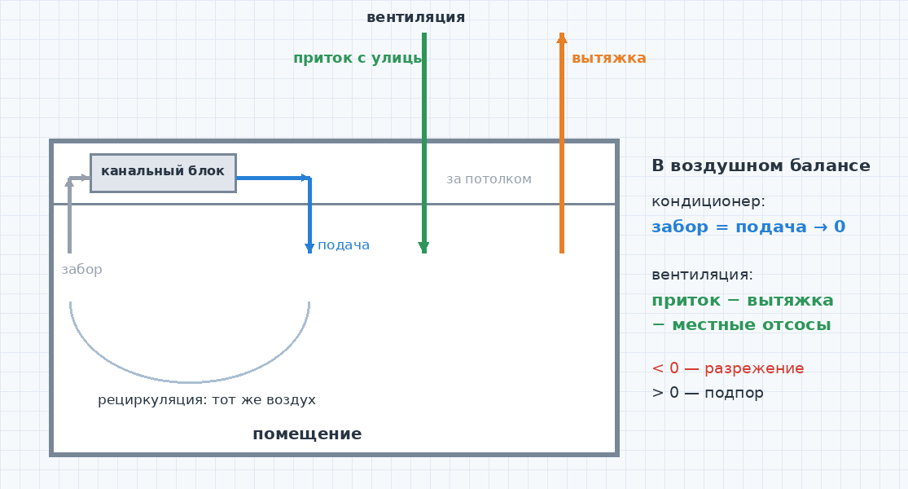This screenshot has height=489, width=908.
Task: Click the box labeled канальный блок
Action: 164,173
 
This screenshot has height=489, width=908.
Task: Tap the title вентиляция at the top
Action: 416,17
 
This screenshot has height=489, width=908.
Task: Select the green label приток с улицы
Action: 357,58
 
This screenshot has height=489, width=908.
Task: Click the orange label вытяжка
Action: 608,58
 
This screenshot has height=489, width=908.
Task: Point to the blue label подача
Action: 344,245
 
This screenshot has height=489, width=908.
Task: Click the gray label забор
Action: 81,270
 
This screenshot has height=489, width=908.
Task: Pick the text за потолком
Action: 489,179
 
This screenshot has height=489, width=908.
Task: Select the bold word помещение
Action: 307,434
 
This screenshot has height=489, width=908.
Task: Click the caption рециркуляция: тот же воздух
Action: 207,400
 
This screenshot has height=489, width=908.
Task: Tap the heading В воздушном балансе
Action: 761,165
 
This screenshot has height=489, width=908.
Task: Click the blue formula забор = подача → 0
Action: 748,227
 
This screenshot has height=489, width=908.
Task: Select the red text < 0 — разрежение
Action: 728,368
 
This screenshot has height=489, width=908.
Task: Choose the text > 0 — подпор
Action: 708,393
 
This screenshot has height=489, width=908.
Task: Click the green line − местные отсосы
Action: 741,325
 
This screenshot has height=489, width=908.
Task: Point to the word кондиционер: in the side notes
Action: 708,201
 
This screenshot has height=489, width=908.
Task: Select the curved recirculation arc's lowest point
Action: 190,381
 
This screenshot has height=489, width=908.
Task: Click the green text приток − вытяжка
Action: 743,301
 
